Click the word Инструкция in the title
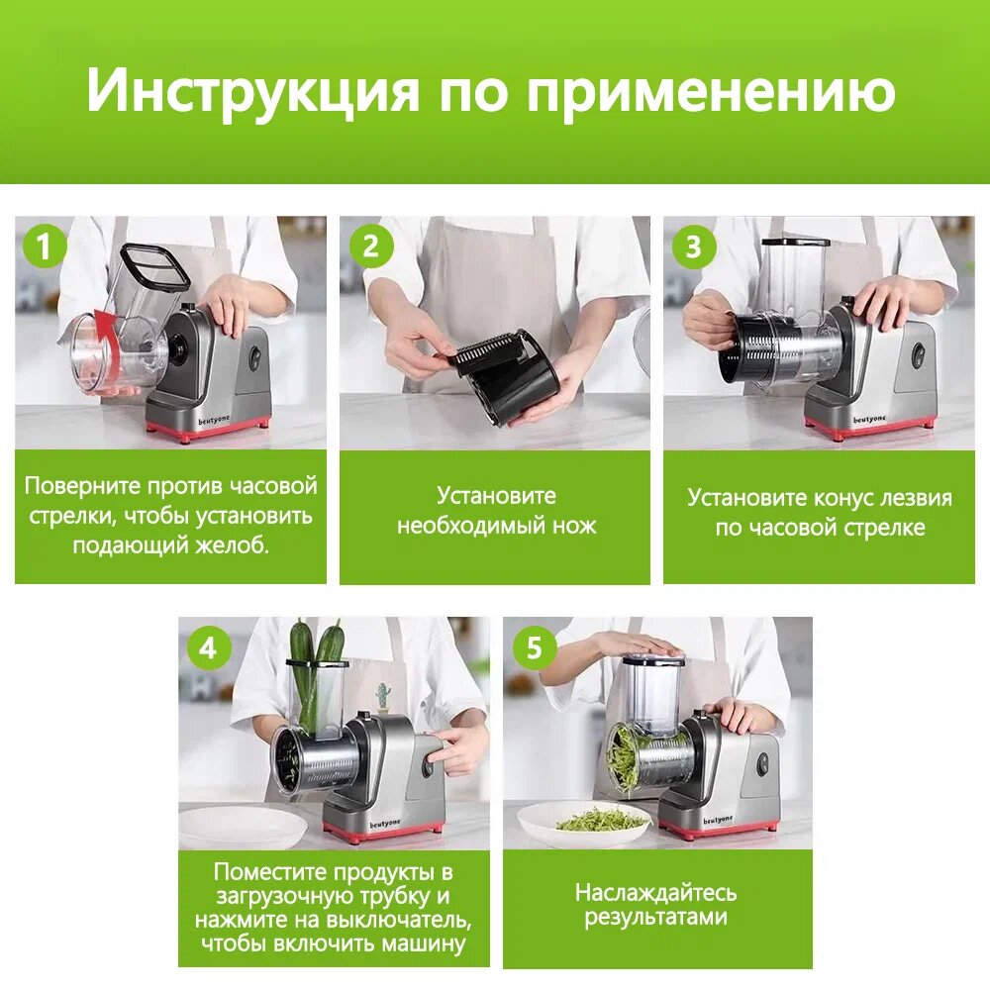click(252, 91)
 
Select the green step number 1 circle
click(45, 246)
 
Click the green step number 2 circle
click(370, 246)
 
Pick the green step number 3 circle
click(693, 246)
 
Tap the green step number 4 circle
click(208, 647)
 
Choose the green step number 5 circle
click(534, 647)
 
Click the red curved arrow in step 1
click(109, 346)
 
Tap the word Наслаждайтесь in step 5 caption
click(656, 893)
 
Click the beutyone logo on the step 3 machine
click(869, 419)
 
